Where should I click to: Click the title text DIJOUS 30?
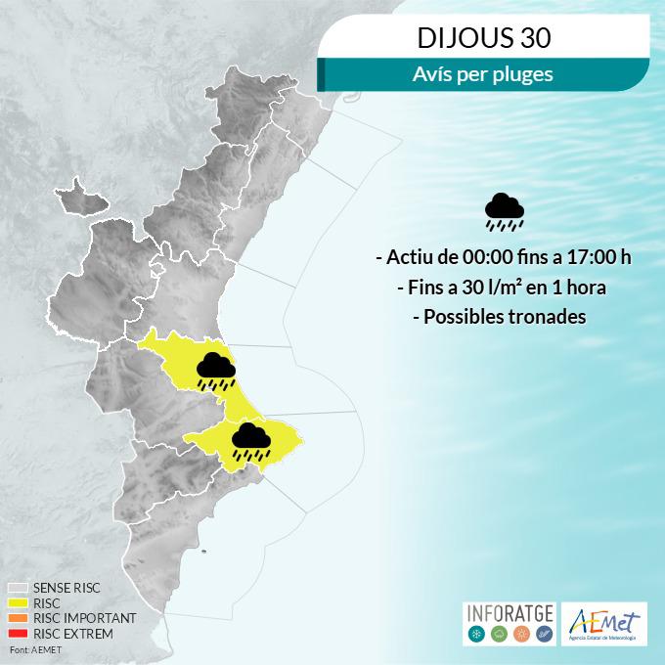[484, 40]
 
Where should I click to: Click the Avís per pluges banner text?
[484, 73]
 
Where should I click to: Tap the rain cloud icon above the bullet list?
[505, 210]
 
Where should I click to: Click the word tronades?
[547, 319]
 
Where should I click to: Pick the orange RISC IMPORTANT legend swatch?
[18, 619]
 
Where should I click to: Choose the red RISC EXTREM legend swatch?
[18, 634]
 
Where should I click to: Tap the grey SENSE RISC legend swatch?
[18, 589]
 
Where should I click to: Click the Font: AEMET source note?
[31, 649]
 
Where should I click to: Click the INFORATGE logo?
[509, 623]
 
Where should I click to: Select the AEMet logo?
[607, 623]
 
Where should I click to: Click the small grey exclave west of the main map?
[80, 195]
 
